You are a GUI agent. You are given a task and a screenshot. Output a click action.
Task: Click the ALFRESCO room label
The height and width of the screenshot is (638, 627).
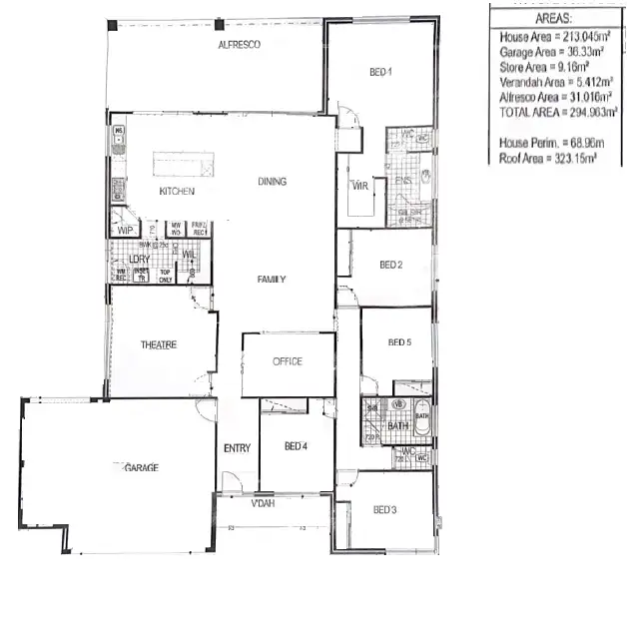point(240,45)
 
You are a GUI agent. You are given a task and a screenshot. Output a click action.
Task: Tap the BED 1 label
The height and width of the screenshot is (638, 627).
point(381,72)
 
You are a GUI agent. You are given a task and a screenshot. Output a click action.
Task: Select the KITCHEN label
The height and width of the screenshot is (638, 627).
point(177,191)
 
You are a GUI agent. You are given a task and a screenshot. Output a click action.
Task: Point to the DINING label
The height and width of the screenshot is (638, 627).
point(272,182)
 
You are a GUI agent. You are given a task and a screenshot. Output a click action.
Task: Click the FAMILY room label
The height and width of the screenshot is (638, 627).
point(272,280)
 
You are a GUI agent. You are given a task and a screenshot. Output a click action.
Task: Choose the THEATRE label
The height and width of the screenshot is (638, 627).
point(158,344)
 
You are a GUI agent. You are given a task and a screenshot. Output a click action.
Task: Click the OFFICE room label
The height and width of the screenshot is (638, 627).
point(288,361)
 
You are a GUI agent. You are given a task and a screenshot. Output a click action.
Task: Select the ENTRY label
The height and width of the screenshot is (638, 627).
point(237,448)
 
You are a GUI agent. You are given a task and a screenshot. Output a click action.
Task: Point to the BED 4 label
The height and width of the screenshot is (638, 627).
point(296,445)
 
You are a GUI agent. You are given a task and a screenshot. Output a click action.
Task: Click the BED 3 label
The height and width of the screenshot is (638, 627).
point(384,510)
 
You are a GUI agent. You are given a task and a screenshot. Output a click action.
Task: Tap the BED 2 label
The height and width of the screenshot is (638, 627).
point(390,265)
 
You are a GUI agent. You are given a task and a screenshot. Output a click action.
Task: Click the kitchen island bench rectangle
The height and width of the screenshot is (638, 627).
point(183,164)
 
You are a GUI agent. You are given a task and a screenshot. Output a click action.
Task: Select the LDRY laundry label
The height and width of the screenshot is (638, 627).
point(138,259)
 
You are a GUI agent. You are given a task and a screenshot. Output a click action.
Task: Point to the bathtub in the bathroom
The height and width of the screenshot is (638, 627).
point(422,424)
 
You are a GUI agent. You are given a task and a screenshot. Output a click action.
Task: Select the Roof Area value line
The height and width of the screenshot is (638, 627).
point(548,158)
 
